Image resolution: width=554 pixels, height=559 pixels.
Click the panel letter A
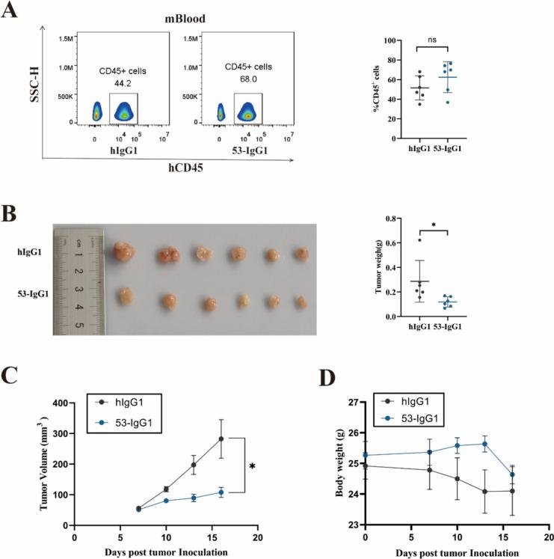point(13,13)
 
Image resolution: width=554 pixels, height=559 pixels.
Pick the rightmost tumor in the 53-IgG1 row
point(301,302)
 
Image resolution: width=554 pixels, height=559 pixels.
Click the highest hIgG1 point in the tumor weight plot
point(420,239)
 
